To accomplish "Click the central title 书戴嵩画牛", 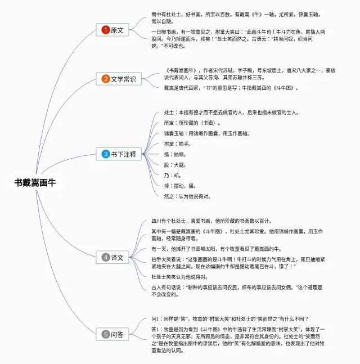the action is (x=35, y=182).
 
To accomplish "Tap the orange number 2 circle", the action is (x=105, y=79).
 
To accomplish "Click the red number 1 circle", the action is (x=105, y=30).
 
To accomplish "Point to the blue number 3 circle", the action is (x=105, y=154).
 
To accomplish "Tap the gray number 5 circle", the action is (x=105, y=334).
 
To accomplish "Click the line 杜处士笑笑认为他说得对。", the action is (x=179, y=277).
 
